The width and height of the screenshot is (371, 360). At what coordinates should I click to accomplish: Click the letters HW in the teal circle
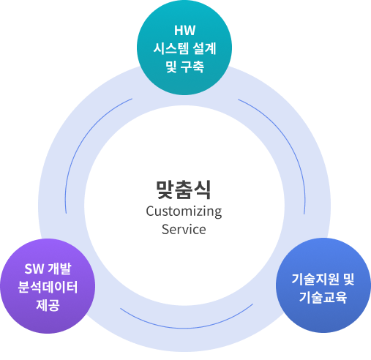click(x=184, y=31)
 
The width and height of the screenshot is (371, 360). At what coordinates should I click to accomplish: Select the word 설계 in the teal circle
click(x=204, y=48)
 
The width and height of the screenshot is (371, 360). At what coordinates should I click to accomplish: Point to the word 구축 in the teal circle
click(x=192, y=67)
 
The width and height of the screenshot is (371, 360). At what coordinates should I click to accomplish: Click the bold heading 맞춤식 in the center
click(x=184, y=190)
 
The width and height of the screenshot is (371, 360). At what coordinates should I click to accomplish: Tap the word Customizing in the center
click(x=184, y=211)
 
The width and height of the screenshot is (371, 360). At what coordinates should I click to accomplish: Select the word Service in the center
click(x=184, y=229)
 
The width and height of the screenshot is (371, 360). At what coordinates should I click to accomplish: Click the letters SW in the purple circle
click(x=34, y=269)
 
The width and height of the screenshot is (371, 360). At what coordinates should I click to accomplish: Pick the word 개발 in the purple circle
click(x=59, y=269)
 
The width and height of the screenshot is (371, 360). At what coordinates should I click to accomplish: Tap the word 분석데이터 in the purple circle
click(x=48, y=287)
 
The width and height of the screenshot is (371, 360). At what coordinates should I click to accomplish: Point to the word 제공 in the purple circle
click(x=48, y=305)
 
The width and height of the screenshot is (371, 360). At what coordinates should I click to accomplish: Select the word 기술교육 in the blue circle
click(x=323, y=297)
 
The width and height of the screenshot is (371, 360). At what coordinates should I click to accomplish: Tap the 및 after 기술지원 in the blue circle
click(x=348, y=280)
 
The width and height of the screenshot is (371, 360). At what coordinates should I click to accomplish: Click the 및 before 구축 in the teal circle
click(x=171, y=67)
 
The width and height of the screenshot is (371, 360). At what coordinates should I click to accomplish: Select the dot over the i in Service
click(x=184, y=224)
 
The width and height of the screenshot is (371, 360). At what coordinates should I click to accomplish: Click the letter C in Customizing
click(x=150, y=211)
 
